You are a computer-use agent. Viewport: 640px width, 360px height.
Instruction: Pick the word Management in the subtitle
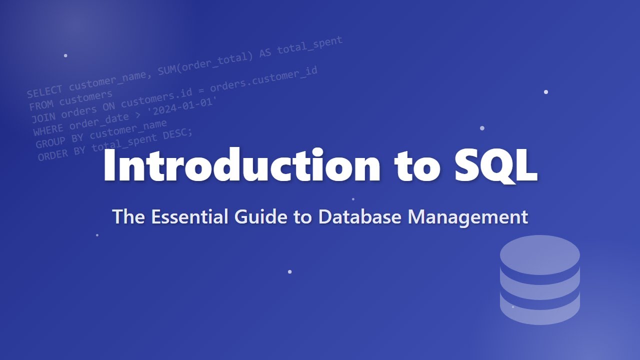[468, 217]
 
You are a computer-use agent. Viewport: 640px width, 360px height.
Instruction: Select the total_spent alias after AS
[309, 45]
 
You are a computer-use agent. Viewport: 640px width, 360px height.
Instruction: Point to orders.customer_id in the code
[263, 79]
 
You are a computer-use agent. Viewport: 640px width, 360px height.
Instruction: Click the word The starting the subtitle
[128, 217]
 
